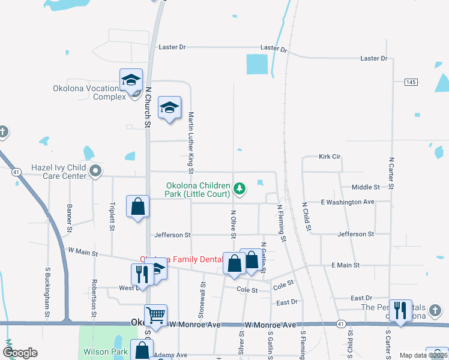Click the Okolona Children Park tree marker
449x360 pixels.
[x=240, y=189]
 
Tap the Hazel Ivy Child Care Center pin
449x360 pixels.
[x=95, y=172]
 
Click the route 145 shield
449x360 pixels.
[x=411, y=82]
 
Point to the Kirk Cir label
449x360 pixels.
[x=330, y=156]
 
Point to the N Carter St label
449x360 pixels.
[x=391, y=173]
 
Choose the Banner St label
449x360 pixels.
[x=70, y=218]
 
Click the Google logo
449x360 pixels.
[x=20, y=353]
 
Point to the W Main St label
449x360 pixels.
[x=83, y=252]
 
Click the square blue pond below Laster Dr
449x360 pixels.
[x=257, y=64]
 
